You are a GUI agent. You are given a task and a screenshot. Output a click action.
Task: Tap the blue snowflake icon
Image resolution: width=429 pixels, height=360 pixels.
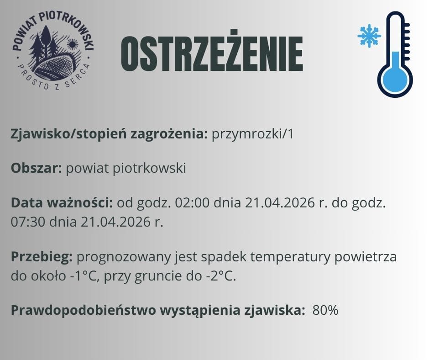pyautogui.click(x=369, y=36)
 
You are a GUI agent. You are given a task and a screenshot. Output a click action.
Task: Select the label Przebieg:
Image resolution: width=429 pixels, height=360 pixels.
pyautogui.click(x=42, y=257)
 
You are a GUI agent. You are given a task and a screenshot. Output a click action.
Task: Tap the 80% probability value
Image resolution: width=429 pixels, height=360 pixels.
pyautogui.click(x=325, y=311)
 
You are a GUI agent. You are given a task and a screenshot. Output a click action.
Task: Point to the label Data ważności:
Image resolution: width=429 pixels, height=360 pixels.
pyautogui.click(x=62, y=202)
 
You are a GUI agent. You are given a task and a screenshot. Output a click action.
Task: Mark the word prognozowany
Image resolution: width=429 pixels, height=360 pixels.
pyautogui.click(x=124, y=257)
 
